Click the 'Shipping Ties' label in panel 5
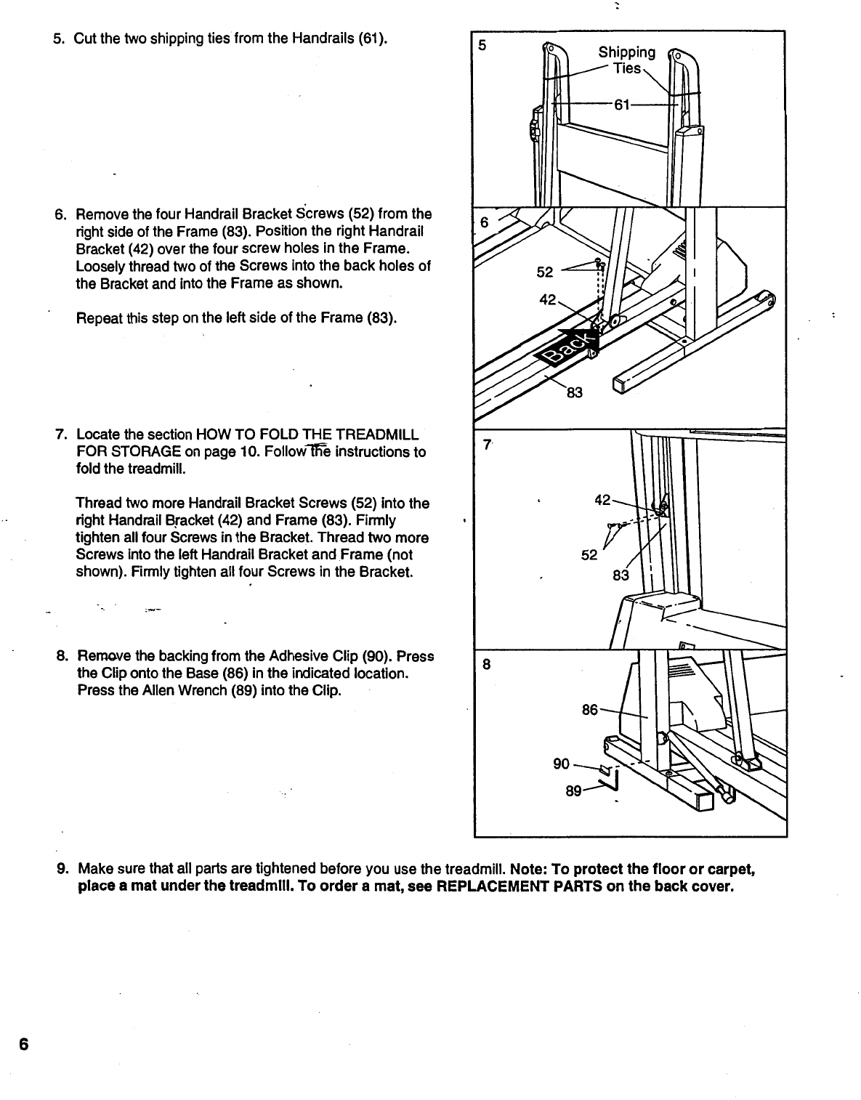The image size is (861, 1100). pyautogui.click(x=626, y=60)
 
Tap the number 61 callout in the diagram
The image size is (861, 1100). pyautogui.click(x=621, y=105)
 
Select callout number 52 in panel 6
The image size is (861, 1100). pyautogui.click(x=545, y=272)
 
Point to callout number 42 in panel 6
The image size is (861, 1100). pyautogui.click(x=548, y=300)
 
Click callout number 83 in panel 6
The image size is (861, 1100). pyautogui.click(x=574, y=393)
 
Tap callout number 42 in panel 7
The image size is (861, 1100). pyautogui.click(x=603, y=500)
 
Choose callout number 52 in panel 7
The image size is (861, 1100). pyautogui.click(x=589, y=555)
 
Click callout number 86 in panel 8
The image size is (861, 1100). pyautogui.click(x=590, y=709)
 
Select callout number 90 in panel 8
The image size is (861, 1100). pyautogui.click(x=562, y=764)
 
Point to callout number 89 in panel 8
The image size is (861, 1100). pyautogui.click(x=574, y=791)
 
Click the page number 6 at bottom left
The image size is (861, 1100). pyautogui.click(x=23, y=1045)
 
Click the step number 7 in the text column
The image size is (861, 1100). pyautogui.click(x=60, y=435)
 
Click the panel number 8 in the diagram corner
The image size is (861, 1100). pyautogui.click(x=487, y=664)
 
